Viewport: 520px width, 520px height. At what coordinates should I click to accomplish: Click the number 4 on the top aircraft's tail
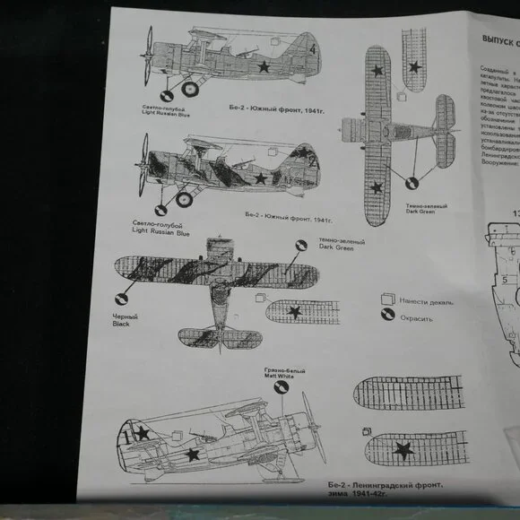pos(313,51)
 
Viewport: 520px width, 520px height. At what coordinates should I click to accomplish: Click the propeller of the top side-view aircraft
pos(148,56)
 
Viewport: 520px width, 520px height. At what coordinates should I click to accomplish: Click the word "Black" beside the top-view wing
pos(121,324)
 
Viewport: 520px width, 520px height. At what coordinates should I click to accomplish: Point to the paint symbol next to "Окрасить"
pos(388,316)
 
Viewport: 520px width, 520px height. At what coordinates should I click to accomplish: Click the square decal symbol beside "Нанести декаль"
pos(387,299)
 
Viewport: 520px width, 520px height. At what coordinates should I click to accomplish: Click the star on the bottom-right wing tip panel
pos(403,448)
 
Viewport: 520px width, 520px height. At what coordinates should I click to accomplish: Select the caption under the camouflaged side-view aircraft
pos(282,217)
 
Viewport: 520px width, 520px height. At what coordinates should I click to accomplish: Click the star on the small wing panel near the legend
pos(294,311)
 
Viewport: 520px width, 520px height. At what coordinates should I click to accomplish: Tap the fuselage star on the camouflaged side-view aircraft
pos(260,178)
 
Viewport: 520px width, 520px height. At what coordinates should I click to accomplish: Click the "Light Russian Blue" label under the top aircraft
pos(166,114)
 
